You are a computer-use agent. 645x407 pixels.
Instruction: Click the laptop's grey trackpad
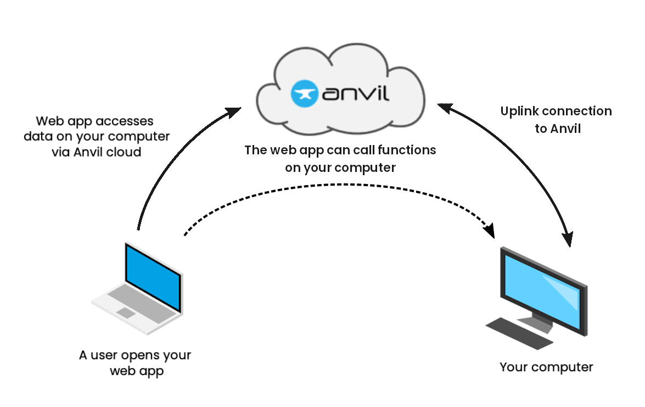point(126,313)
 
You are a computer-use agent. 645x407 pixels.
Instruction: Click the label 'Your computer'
point(546,367)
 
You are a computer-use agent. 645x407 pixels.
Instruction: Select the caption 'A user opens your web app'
point(135,363)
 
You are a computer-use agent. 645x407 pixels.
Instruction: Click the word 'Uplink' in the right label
point(520,111)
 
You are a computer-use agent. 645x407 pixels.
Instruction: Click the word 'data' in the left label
point(36,136)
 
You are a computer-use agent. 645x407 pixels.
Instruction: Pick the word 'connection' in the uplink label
point(577,111)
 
